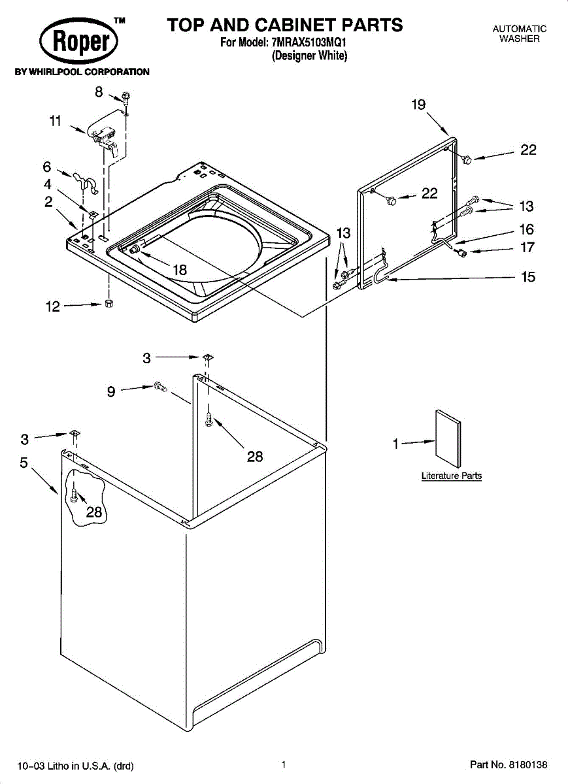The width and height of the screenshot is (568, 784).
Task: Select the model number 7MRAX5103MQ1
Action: point(309,42)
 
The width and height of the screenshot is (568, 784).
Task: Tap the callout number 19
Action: point(418,105)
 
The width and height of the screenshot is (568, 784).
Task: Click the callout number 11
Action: point(56,121)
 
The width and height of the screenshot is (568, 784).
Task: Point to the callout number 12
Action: point(53,306)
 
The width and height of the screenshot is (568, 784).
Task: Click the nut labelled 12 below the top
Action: point(109,303)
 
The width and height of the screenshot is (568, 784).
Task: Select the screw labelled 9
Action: point(160,386)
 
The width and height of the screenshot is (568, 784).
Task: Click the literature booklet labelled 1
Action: point(448,438)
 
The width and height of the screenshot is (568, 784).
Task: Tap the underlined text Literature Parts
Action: point(452,476)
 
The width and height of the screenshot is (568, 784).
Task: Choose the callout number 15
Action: point(528,277)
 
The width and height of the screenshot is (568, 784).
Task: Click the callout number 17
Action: point(527,248)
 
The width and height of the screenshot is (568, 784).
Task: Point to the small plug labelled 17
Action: point(461,252)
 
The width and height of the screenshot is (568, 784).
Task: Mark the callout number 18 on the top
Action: point(180,270)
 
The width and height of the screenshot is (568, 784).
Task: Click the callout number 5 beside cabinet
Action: point(24,463)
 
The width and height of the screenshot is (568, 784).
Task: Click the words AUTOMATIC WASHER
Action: point(520,33)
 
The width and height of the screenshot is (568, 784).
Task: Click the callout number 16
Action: point(526,229)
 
